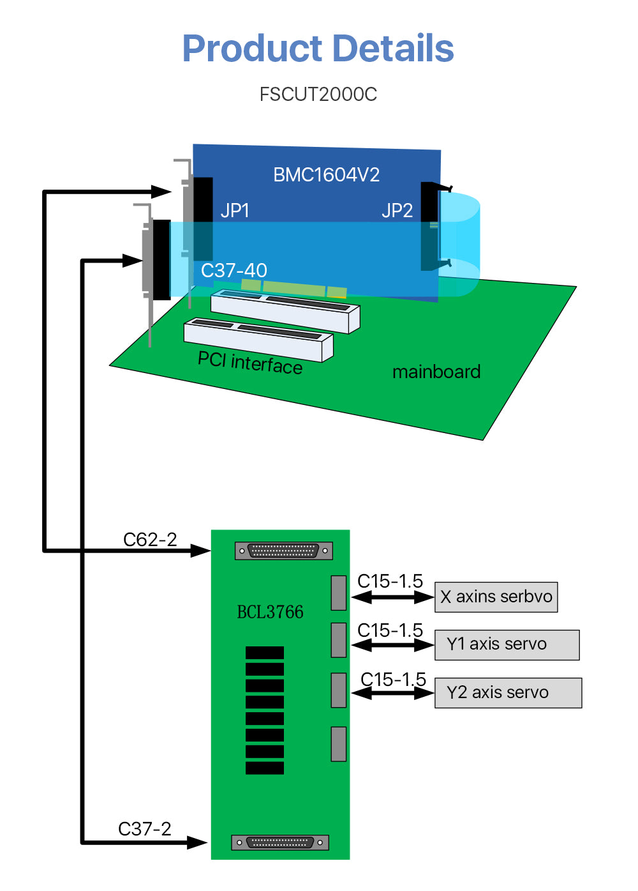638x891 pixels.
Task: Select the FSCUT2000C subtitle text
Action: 318,95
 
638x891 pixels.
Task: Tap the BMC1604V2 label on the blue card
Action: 326,175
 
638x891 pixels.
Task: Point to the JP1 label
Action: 235,211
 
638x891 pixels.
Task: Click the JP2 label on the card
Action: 397,211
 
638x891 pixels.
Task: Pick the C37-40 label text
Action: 234,271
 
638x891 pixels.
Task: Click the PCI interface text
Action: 249,363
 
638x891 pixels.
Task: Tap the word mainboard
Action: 436,372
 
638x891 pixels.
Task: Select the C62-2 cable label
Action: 150,540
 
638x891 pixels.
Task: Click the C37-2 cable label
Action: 145,829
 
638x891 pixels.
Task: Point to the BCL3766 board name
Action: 270,612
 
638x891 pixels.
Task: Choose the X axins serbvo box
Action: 496,597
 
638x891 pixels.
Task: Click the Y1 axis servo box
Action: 507,644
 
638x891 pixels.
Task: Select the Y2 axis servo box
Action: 508,693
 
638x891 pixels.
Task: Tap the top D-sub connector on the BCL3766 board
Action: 283,551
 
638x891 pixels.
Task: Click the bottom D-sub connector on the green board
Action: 279,842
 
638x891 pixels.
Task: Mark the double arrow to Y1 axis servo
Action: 392,645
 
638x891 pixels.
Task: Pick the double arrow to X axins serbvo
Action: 392,598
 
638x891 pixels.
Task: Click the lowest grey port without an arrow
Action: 338,744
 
